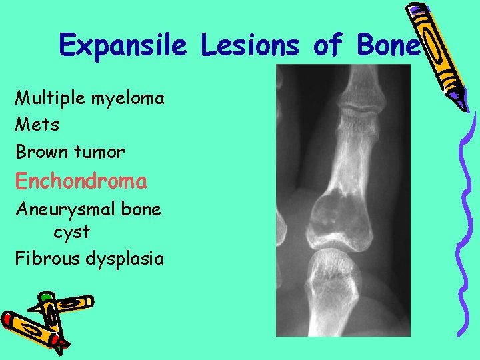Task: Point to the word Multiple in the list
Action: pyautogui.click(x=47, y=98)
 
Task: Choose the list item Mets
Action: pyautogui.click(x=37, y=125)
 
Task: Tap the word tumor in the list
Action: pyautogui.click(x=99, y=152)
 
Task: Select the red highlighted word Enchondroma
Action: pyautogui.click(x=81, y=181)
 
